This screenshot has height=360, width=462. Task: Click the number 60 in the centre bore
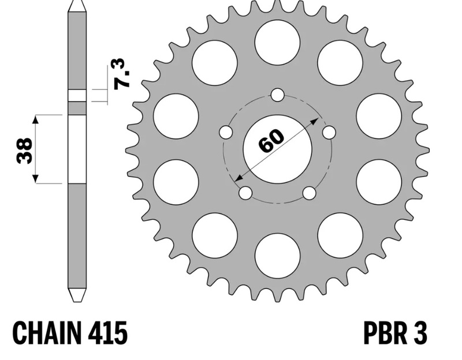271,141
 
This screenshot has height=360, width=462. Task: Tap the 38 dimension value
24,150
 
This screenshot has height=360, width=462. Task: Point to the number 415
109,333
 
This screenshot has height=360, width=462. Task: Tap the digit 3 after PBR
420,333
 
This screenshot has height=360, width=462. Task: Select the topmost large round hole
277,42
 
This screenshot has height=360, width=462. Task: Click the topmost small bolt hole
277,95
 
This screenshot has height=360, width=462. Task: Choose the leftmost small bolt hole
226,132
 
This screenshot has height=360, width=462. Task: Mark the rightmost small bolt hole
329,132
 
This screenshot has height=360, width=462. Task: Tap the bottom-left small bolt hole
245,192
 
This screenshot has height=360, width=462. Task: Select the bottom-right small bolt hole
310,192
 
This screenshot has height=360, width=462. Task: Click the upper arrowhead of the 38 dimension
36,118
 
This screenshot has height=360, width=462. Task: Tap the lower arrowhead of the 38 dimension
36,179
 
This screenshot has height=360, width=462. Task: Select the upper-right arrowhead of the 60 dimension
316,121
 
